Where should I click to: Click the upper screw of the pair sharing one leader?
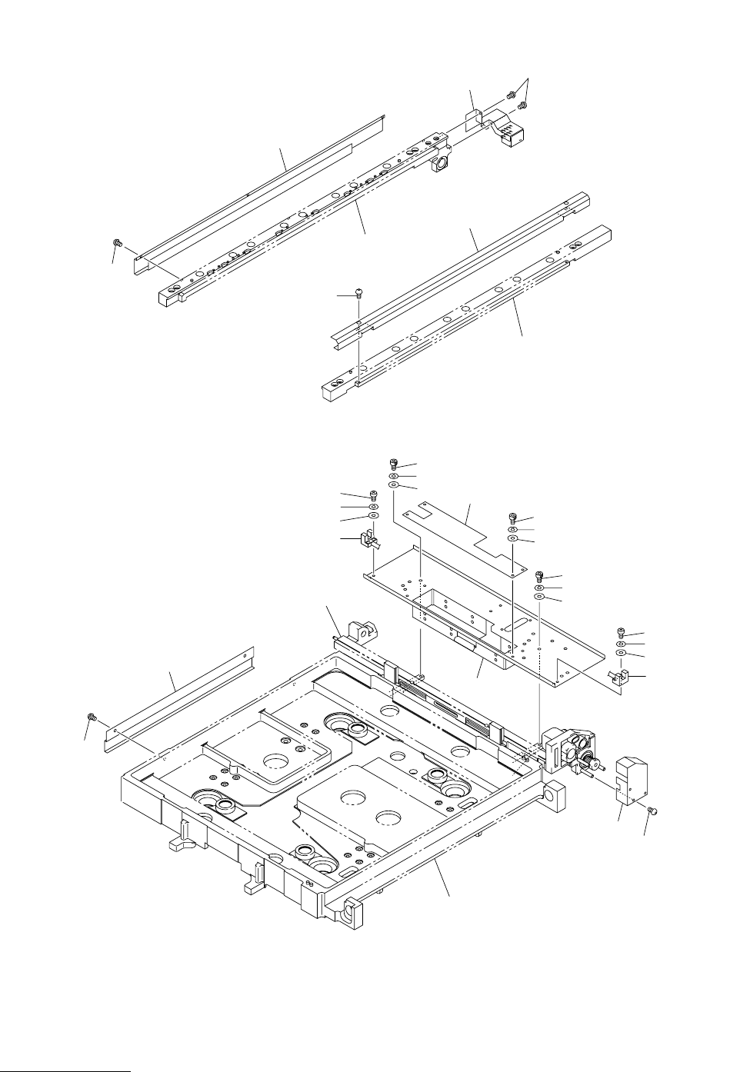tap(511, 95)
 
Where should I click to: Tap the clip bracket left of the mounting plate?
tap(369, 538)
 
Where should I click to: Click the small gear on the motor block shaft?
tap(593, 764)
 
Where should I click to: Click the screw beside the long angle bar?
tap(93, 717)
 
